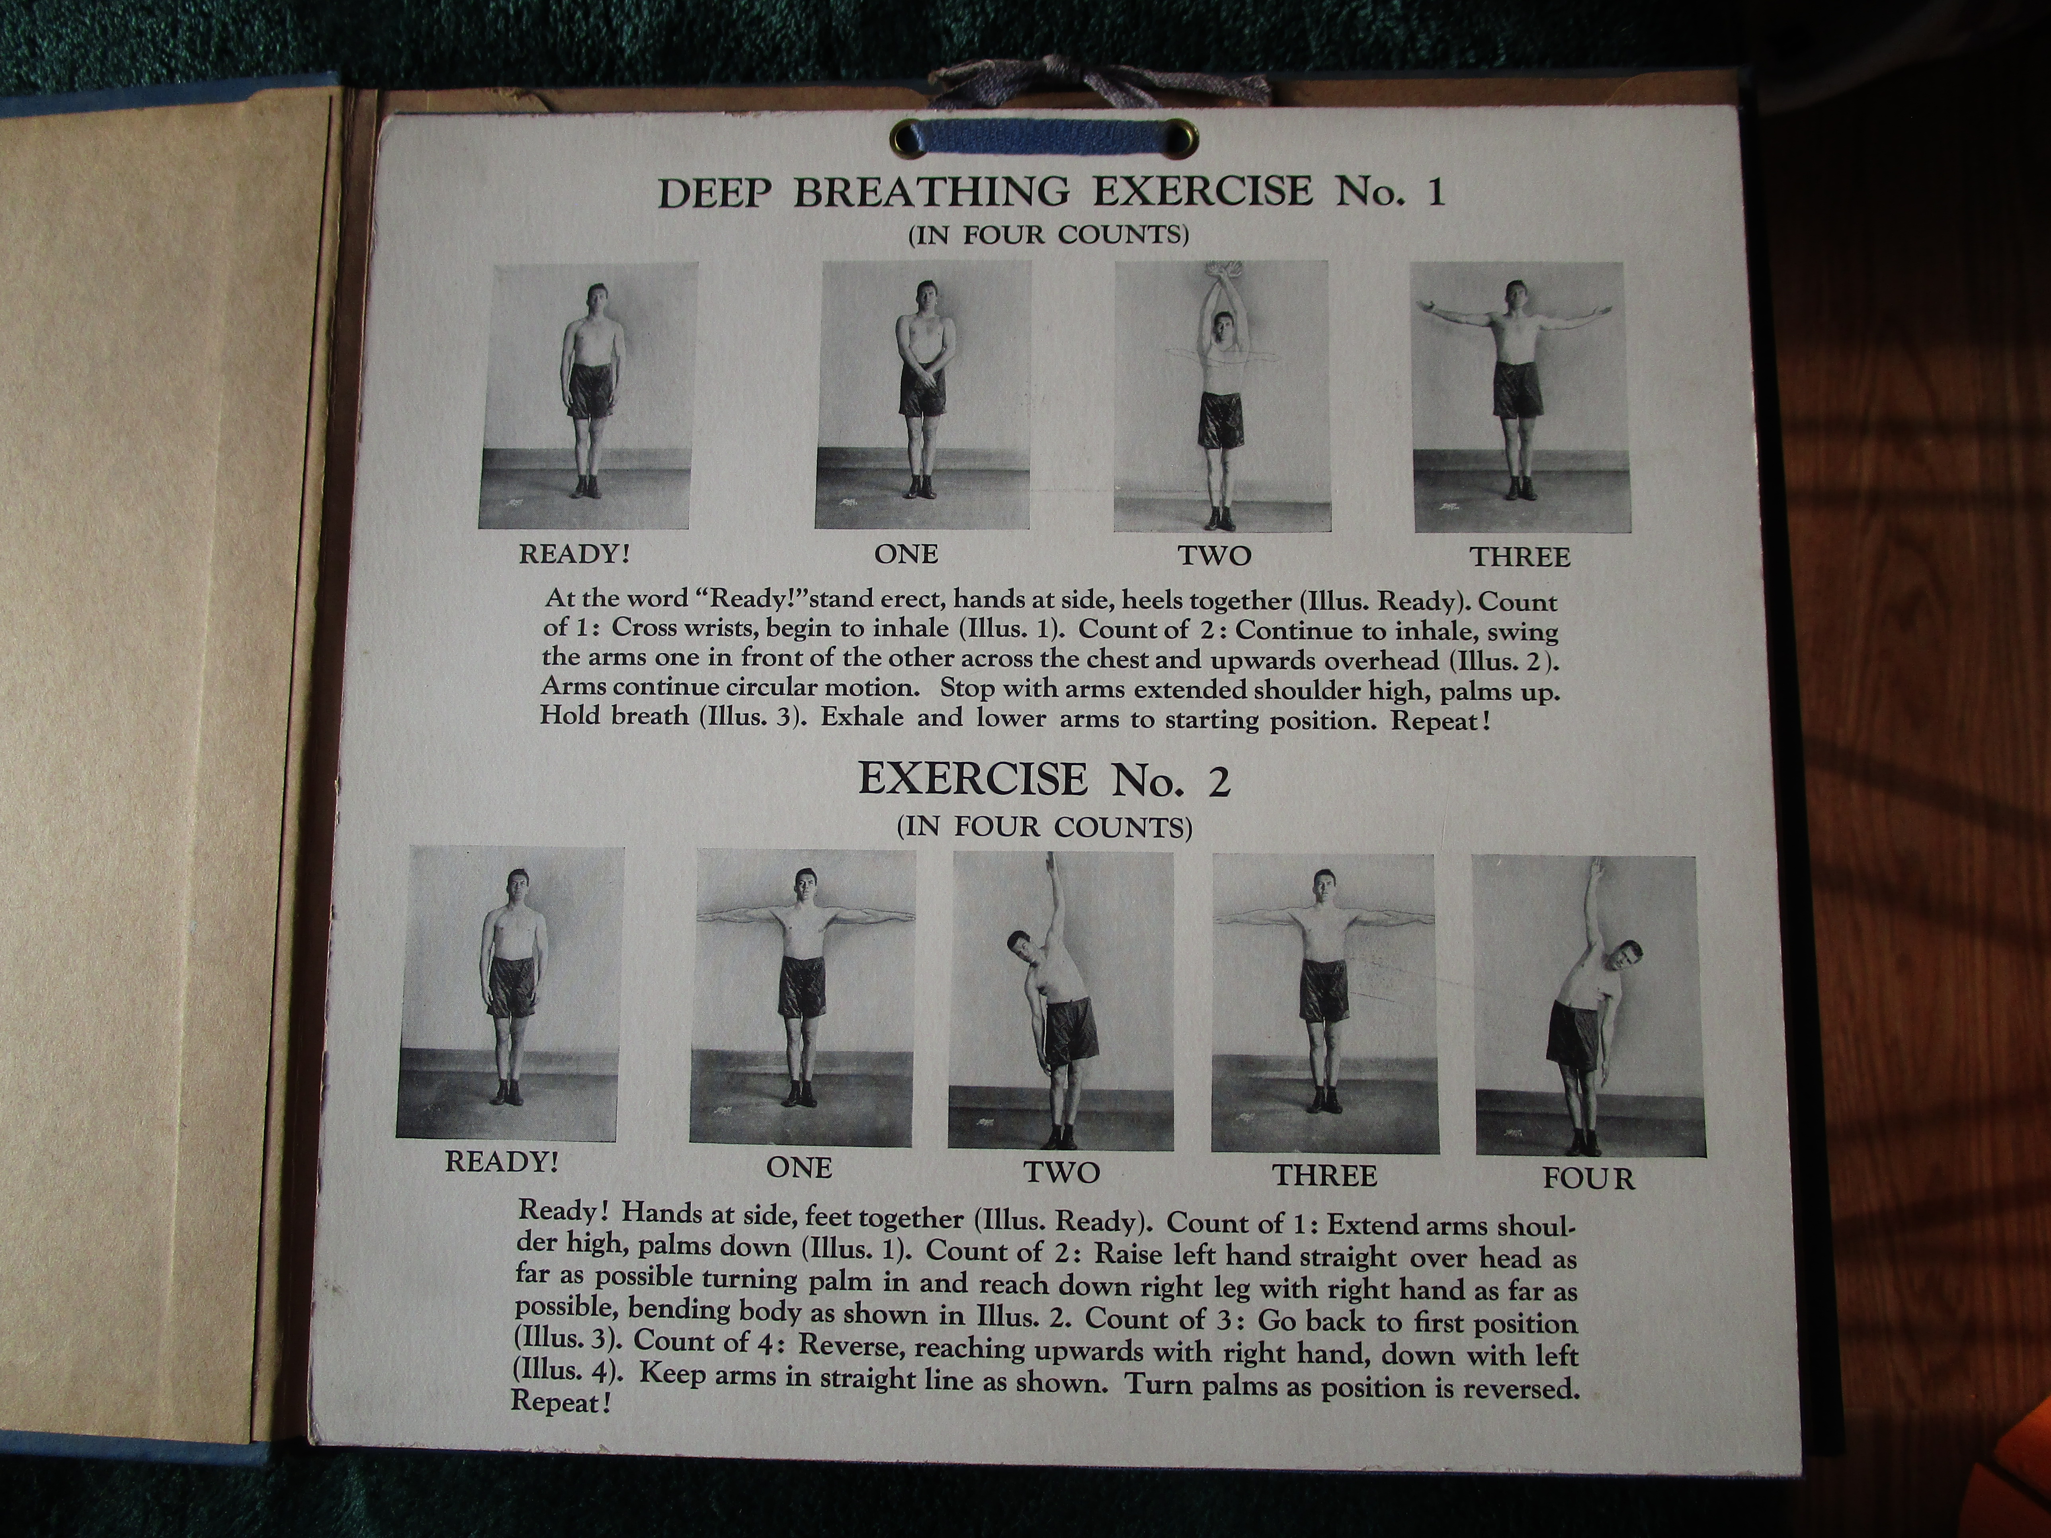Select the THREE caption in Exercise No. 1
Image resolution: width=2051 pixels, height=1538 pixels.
[x=1520, y=557]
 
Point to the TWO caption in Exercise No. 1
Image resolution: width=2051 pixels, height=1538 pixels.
[x=1215, y=555]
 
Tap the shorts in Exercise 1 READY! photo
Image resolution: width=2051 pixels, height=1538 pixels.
[x=585, y=389]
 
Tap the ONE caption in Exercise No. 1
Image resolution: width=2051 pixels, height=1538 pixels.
[x=906, y=554]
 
